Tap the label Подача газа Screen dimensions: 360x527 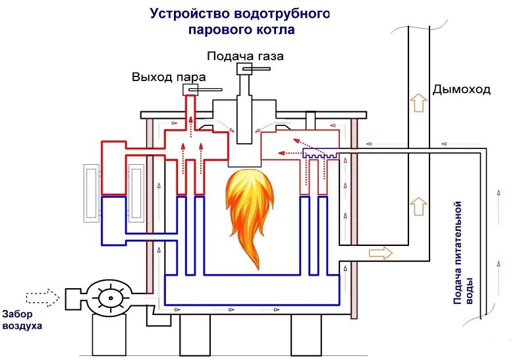coord(244,56)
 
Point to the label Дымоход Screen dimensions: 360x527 coord(461,89)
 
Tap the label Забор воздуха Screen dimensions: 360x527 coord(22,319)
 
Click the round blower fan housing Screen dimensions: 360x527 coord(110,298)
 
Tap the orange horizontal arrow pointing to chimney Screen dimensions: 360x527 coord(379,253)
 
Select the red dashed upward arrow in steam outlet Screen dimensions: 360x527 coord(191,123)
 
